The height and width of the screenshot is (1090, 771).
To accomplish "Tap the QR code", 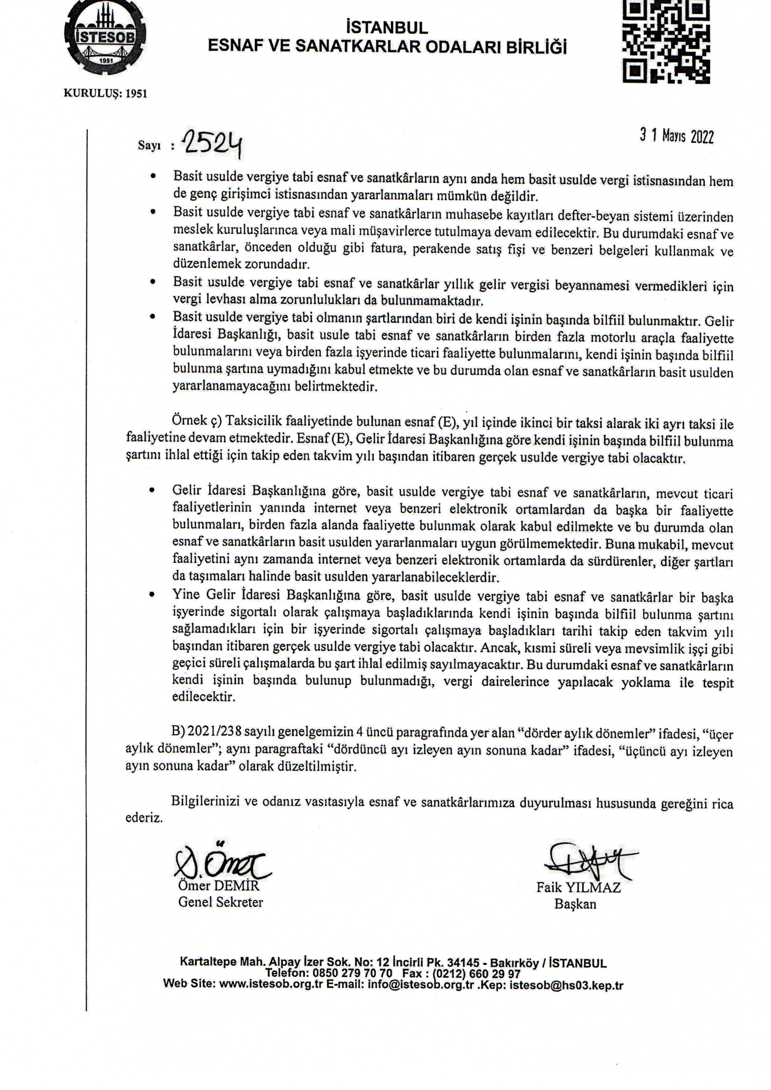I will [x=666, y=42].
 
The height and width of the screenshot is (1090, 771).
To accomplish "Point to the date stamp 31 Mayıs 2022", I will [x=676, y=136].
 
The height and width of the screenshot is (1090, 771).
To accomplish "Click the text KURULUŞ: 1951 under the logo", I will [x=105, y=94].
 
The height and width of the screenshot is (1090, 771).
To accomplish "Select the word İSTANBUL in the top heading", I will [x=387, y=28].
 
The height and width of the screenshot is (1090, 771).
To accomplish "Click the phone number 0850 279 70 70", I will [x=352, y=973].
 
